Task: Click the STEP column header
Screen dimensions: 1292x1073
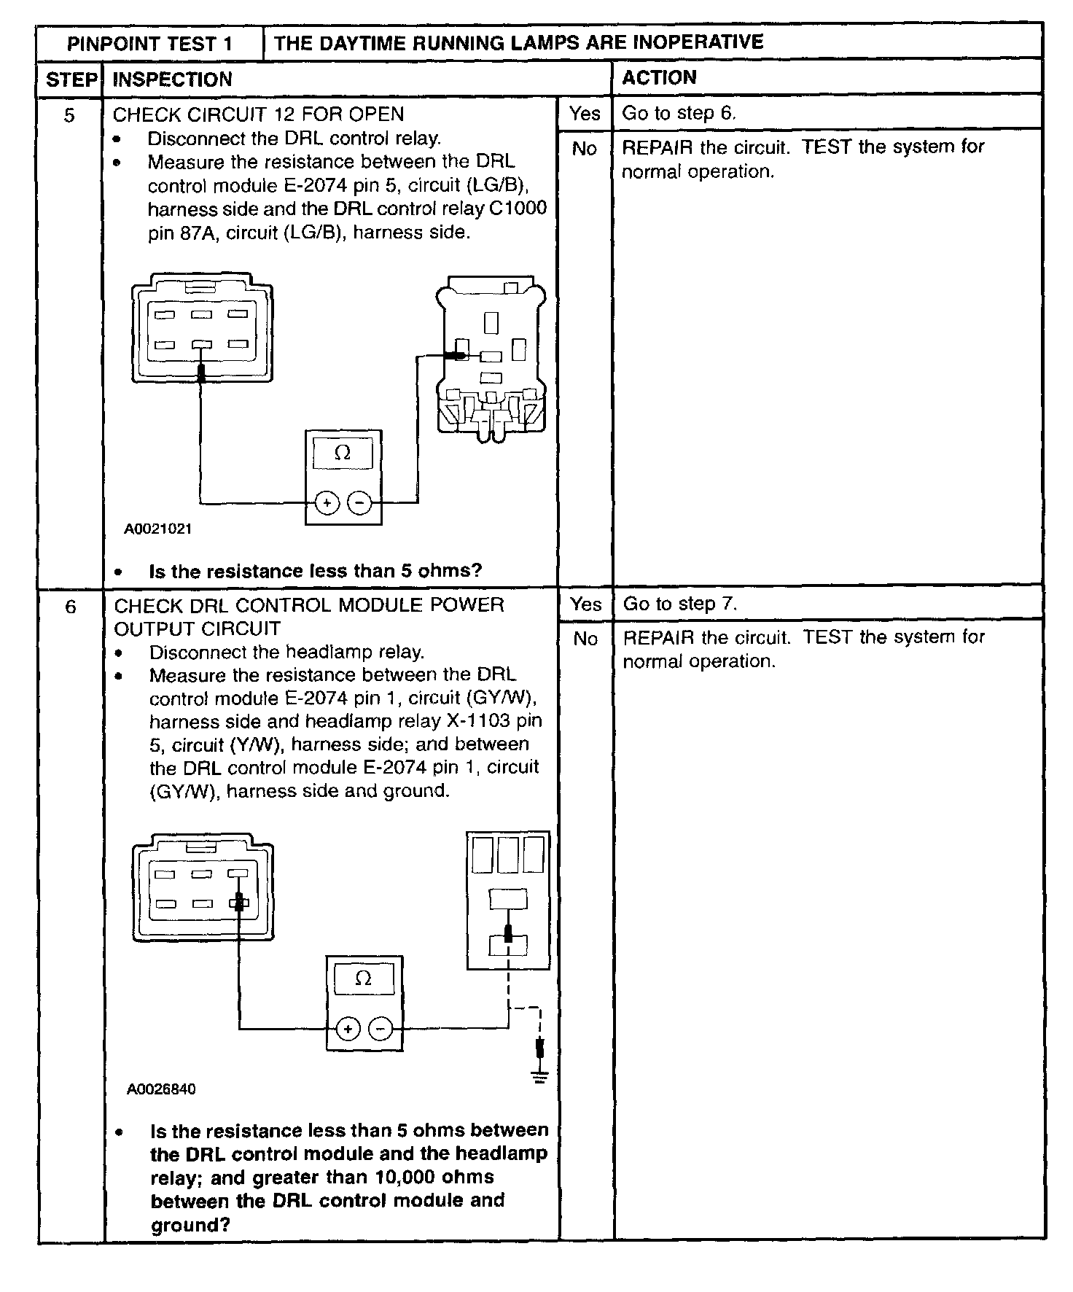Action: (71, 79)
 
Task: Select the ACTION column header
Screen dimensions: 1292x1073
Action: (659, 78)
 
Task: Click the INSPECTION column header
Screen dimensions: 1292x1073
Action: (172, 79)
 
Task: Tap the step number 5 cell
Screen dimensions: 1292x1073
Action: (69, 115)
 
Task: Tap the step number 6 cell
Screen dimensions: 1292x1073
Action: (70, 607)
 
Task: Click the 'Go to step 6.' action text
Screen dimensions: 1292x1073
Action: (679, 113)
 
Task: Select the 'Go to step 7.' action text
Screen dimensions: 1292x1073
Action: (680, 604)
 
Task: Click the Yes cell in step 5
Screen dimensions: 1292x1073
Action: (585, 113)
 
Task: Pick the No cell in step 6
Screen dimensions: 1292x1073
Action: (585, 639)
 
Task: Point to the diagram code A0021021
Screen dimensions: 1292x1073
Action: (158, 529)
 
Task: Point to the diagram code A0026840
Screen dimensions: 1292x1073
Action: (161, 1089)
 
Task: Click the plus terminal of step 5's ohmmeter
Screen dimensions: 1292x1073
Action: (327, 502)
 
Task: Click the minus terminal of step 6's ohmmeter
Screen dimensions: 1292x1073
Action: (381, 1028)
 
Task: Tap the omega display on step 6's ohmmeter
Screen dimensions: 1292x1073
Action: (363, 978)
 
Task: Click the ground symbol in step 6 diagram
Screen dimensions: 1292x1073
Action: (539, 1077)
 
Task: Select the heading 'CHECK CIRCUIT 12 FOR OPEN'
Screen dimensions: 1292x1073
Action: (258, 114)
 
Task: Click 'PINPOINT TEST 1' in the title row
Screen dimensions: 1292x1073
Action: (149, 44)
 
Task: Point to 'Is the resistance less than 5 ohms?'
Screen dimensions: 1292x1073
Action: (315, 571)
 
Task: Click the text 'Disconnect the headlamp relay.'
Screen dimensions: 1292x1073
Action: (286, 652)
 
